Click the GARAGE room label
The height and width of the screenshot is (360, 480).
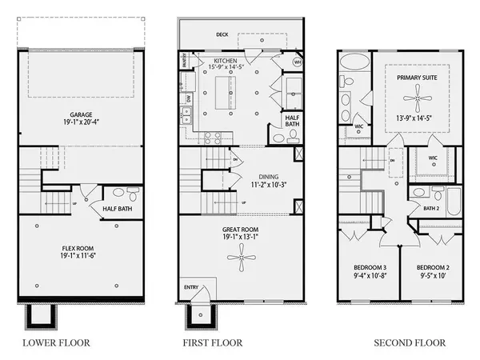(80, 115)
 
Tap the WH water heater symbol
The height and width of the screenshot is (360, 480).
(297, 62)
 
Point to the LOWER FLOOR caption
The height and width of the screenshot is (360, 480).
(57, 343)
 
